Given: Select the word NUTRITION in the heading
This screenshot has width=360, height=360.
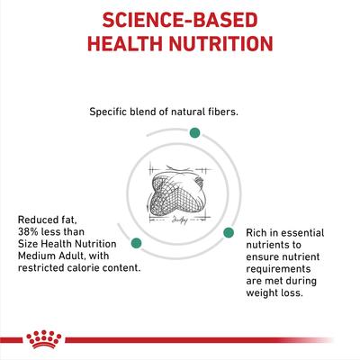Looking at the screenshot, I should (x=220, y=45).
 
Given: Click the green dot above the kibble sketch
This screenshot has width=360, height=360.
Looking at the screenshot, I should (x=193, y=132).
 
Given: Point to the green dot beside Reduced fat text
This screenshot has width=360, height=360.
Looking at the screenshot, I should (x=137, y=242).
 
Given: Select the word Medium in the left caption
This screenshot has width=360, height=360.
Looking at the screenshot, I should (x=39, y=254).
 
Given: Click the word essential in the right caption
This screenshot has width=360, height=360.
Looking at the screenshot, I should (x=310, y=232).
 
